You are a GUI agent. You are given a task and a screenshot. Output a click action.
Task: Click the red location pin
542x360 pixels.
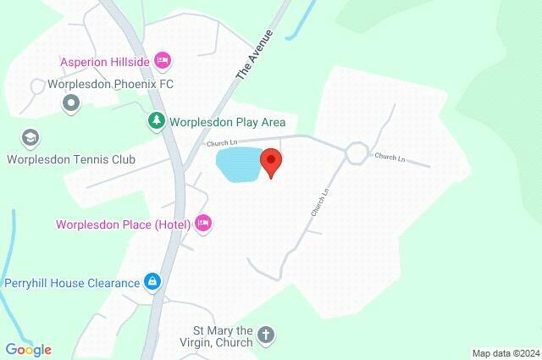coord(270,161)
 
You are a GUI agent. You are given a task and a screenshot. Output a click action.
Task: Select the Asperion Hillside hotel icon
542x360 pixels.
coord(163,61)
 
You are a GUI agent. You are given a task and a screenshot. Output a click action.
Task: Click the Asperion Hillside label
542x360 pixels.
coord(104,62)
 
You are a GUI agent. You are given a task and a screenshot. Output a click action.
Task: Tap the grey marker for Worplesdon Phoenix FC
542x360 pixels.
coord(71,103)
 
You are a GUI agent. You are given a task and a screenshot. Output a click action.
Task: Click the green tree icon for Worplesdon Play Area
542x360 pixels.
coord(156,122)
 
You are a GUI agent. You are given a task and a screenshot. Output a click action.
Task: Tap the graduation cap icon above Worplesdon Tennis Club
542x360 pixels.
coord(31,137)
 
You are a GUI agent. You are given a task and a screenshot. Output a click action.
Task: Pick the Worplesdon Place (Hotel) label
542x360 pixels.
coord(123,224)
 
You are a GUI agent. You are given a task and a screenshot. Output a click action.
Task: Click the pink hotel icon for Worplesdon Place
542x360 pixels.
coord(202,224)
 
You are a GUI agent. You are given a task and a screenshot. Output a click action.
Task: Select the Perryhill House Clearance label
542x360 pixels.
coord(71,282)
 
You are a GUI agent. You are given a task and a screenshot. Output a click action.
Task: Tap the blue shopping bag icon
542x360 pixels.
coord(152,280)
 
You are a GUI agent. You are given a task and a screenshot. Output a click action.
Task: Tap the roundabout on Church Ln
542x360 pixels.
coord(356,152)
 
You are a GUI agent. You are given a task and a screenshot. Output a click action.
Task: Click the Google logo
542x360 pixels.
coord(28,349)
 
